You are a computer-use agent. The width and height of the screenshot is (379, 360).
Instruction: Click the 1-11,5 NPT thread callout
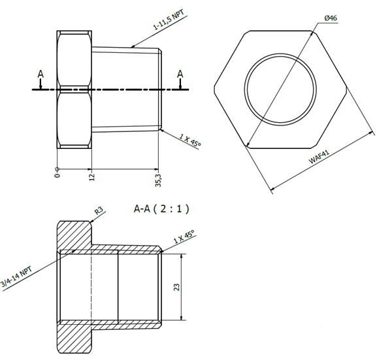(x=169, y=20)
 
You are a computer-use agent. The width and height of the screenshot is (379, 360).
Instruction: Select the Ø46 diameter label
(x=331, y=18)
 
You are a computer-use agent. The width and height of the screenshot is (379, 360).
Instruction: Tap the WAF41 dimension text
(x=319, y=157)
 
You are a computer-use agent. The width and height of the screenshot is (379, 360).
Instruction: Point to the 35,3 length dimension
(x=159, y=180)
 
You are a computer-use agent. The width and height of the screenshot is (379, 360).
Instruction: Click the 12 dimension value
(x=92, y=177)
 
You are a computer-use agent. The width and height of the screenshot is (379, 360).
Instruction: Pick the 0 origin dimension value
(x=57, y=175)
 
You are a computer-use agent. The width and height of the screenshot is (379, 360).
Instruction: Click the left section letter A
(x=41, y=74)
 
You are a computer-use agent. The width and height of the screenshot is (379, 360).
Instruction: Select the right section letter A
(x=180, y=74)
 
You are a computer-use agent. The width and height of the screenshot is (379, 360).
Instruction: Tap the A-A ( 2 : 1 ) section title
(x=161, y=209)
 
